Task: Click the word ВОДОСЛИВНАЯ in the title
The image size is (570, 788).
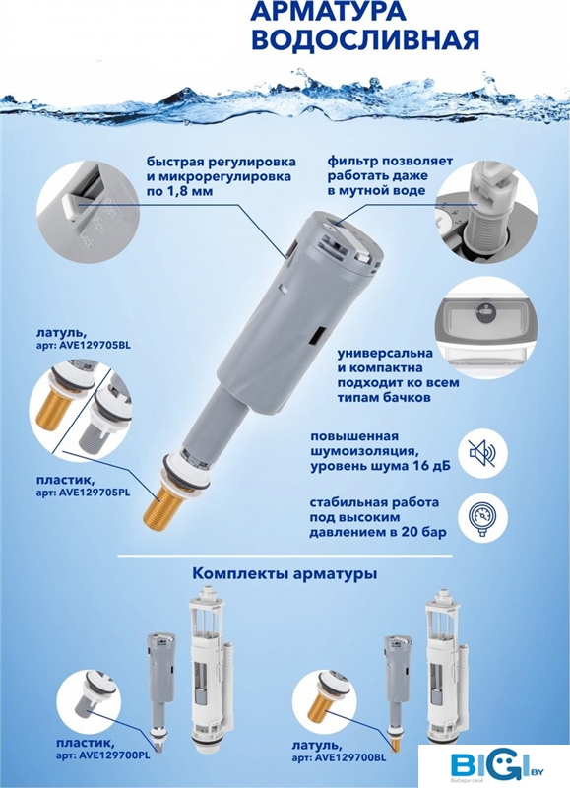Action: (x=365, y=40)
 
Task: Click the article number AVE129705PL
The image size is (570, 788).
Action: (x=95, y=492)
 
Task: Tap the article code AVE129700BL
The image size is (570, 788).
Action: (x=350, y=758)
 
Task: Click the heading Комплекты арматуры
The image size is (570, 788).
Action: (x=285, y=574)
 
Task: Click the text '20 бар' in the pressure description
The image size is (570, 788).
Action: (x=424, y=532)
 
